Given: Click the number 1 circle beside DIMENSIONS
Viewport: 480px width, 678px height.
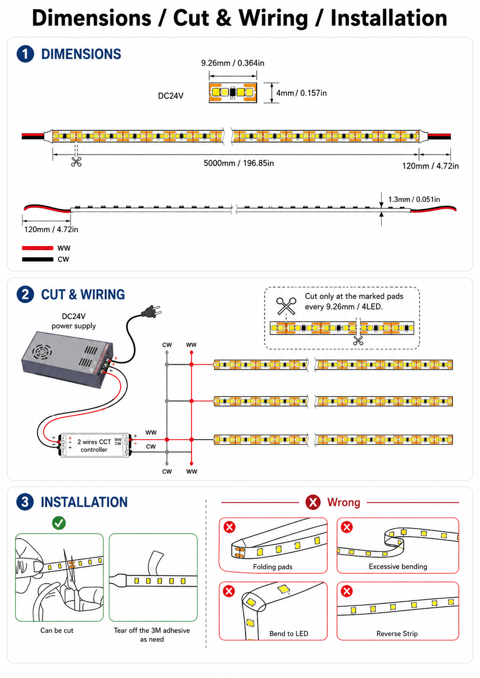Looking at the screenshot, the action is (25, 54).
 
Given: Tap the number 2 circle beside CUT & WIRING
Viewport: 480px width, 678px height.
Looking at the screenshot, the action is (25, 294).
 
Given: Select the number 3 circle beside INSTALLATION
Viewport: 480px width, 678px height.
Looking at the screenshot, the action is (25, 502).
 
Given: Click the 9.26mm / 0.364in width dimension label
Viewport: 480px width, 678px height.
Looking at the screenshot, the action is (232, 63).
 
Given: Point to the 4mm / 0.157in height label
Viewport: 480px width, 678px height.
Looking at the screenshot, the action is (301, 93).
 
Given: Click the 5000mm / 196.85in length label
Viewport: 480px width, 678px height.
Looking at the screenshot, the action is (239, 163).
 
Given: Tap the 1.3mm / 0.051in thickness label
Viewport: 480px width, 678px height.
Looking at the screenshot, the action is (414, 200).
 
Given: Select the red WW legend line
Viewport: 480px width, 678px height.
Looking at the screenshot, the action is (38, 248).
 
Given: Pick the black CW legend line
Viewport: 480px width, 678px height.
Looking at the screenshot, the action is (38, 259).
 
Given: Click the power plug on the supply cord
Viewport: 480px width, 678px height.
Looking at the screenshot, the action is (152, 311).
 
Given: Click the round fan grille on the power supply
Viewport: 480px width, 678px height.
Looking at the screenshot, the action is (42, 352).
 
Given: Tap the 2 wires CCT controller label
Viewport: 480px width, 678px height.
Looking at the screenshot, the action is (94, 446).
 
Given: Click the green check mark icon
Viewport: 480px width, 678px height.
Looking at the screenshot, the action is (59, 523).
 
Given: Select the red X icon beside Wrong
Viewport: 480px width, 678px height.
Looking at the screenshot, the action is (313, 502).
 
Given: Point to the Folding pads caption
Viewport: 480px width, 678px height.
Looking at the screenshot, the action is (273, 567).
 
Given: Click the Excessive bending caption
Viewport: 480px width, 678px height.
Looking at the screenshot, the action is (398, 567).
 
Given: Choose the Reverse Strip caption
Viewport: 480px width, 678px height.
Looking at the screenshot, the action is (397, 633).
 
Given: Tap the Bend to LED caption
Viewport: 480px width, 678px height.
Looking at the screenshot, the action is (288, 633).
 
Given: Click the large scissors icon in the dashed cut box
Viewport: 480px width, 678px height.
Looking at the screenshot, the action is (286, 306).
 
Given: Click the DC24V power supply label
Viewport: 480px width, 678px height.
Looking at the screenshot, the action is (74, 321).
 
